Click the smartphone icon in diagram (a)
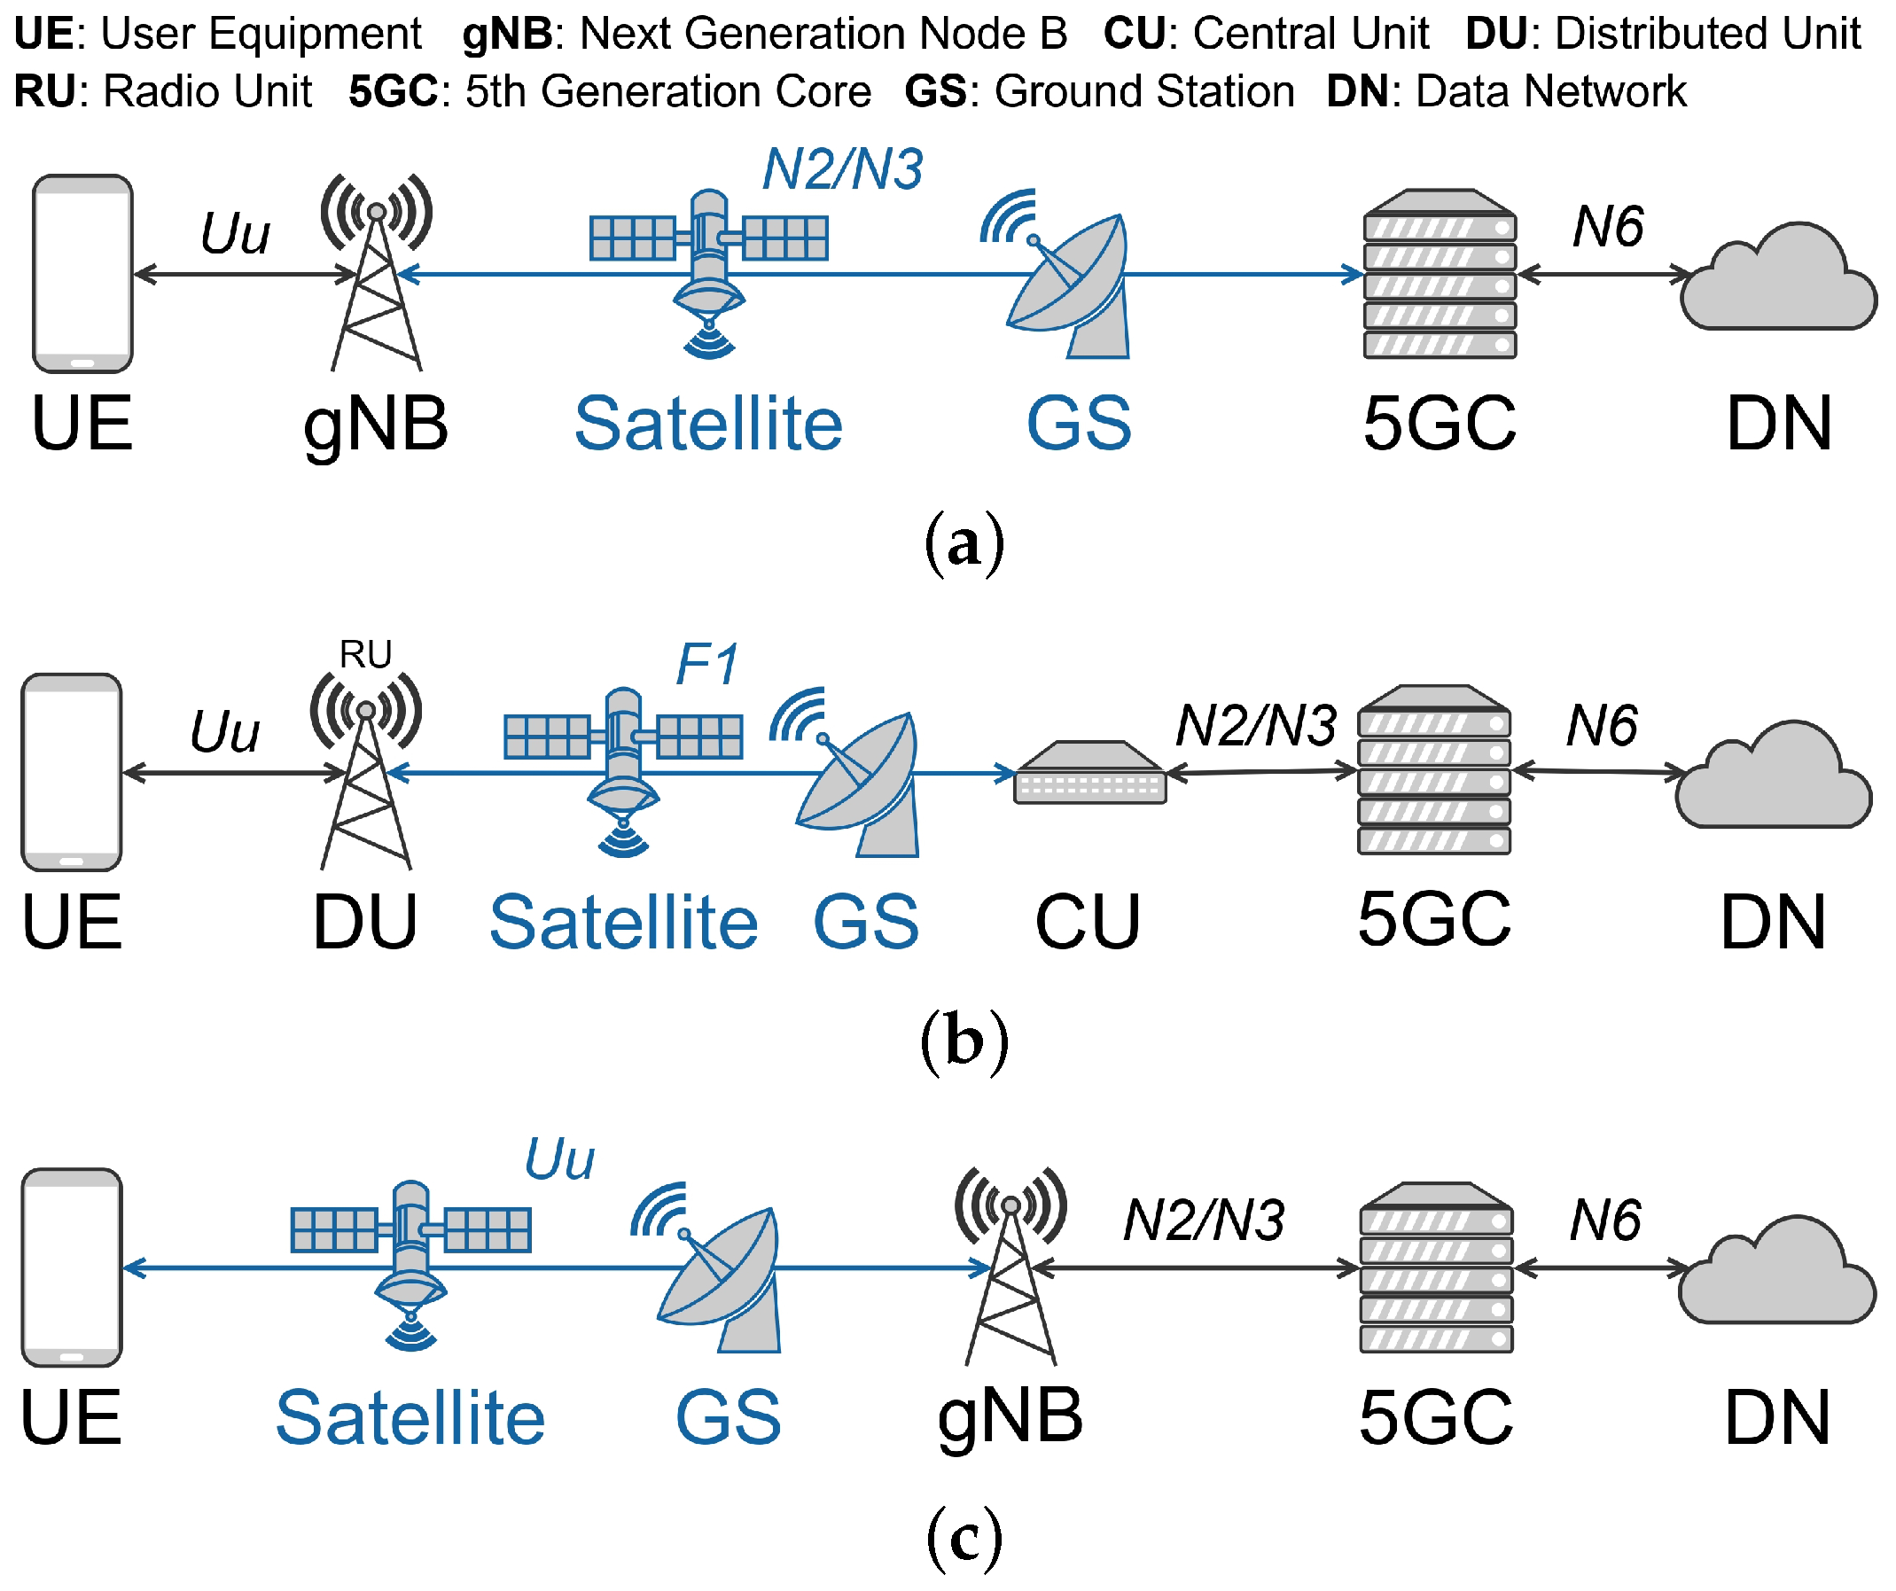pos(82,274)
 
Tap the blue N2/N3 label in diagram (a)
pos(842,169)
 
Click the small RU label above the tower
pos(366,655)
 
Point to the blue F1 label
pos(707,666)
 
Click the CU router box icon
pos(1089,774)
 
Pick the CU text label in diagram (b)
pos(1088,923)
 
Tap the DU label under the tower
pos(366,923)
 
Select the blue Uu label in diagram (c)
pos(560,1159)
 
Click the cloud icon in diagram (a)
pos(1777,280)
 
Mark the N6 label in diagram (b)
pos(1602,726)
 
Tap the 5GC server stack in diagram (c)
pos(1437,1268)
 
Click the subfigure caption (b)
pos(964,1041)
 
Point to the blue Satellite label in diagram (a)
pos(709,425)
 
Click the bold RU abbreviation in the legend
pos(43,91)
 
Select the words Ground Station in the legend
pos(1145,91)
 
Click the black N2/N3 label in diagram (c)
pos(1204,1221)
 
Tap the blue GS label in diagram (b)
pos(866,923)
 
